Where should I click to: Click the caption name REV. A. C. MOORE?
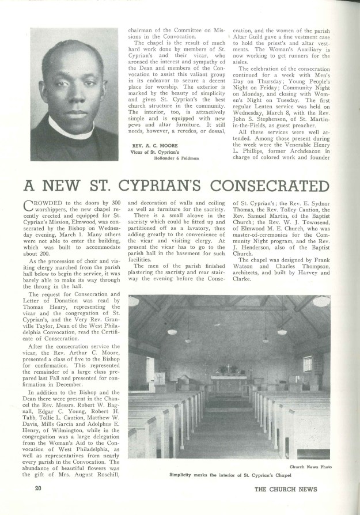[151, 145]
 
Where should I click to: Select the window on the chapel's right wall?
[307, 364]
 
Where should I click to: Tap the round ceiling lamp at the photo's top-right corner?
[320, 301]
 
